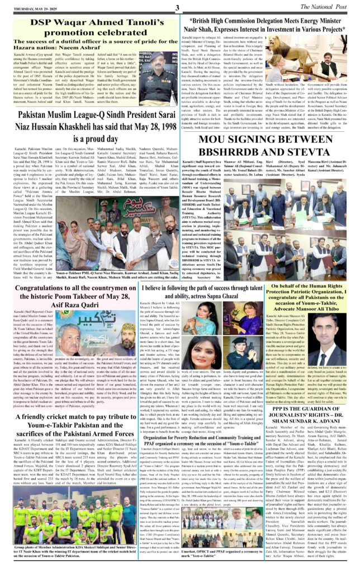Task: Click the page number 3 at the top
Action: [177, 7]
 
